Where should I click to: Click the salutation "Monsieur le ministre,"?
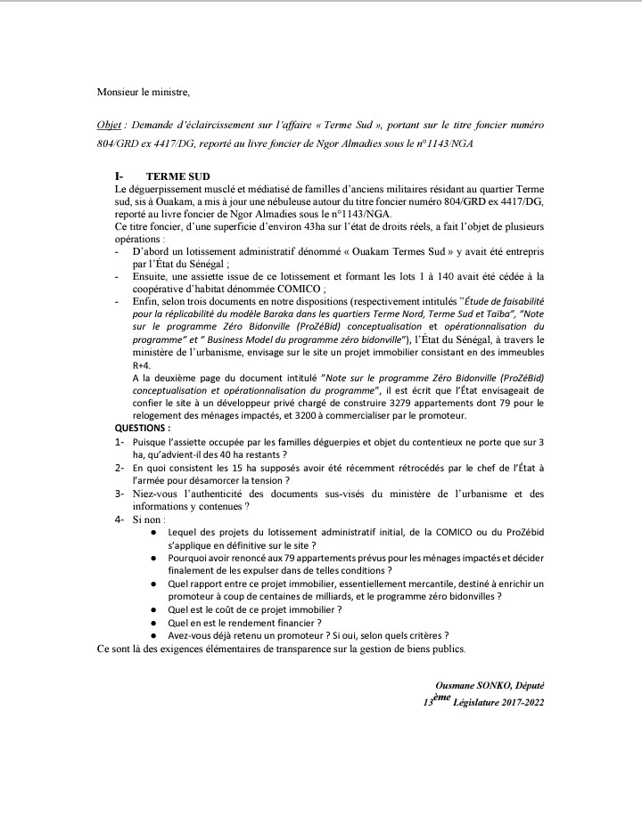[x=143, y=91]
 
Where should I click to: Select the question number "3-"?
[x=119, y=493]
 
